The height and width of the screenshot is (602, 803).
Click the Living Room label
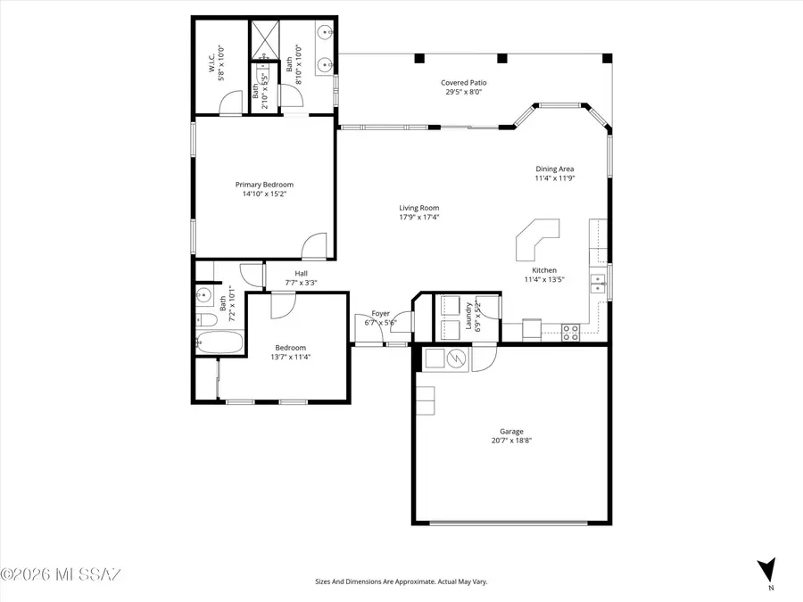click(x=418, y=208)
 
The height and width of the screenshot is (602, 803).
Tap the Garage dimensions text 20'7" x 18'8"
click(x=511, y=440)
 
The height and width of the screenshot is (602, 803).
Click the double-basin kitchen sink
click(x=598, y=284)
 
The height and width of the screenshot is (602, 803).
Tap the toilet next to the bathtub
click(x=204, y=319)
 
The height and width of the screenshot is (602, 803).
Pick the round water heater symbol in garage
click(x=456, y=359)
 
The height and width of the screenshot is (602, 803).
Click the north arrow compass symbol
click(x=766, y=568)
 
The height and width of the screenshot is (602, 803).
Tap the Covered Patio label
click(x=465, y=83)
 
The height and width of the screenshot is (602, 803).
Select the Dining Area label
click(x=554, y=169)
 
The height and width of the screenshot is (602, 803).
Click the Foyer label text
click(x=380, y=313)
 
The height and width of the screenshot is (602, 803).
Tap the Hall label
click(x=301, y=274)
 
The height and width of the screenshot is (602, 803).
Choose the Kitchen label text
click(x=544, y=270)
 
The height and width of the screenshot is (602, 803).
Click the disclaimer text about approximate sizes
click(x=401, y=581)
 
